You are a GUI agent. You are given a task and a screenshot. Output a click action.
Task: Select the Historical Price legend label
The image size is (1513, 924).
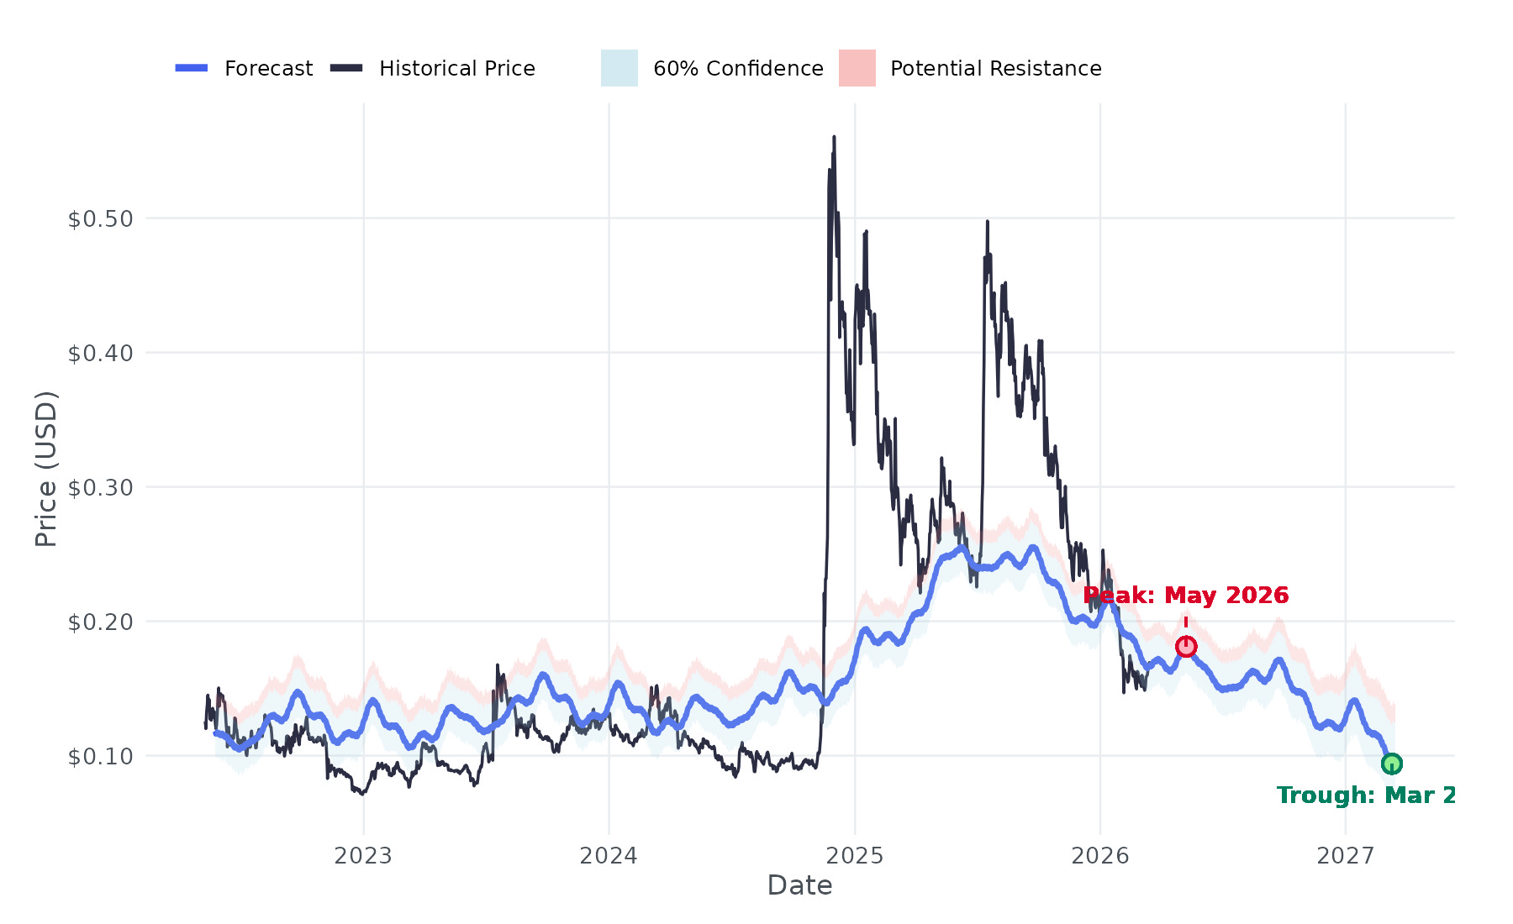(x=456, y=68)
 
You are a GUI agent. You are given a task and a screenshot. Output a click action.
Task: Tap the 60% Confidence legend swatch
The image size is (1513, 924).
(x=619, y=68)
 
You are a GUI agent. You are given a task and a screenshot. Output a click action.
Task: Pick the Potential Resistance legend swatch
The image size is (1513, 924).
(x=857, y=68)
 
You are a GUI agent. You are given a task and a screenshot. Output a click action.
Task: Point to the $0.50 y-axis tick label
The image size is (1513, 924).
(x=100, y=219)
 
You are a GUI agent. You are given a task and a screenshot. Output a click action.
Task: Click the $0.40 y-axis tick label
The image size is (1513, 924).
(x=100, y=354)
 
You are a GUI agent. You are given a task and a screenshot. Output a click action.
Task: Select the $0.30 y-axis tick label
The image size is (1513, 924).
(x=100, y=488)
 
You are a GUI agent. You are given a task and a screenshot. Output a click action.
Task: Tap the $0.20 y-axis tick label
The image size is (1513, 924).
(x=100, y=622)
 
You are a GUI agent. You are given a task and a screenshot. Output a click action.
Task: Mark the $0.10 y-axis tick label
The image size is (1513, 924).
(x=100, y=757)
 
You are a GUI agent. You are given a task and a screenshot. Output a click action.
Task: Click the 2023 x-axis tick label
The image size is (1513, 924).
(x=363, y=856)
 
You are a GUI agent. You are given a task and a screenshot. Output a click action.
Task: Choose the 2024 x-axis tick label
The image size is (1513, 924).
(x=609, y=856)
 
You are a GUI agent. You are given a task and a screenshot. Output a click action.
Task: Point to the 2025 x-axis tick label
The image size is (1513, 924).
(x=855, y=856)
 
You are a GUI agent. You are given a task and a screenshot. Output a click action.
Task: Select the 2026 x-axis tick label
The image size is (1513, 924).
(x=1100, y=856)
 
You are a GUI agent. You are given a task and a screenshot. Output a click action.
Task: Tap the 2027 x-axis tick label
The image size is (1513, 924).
(x=1346, y=856)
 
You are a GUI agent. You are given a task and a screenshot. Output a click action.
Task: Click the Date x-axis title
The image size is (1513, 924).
(x=799, y=885)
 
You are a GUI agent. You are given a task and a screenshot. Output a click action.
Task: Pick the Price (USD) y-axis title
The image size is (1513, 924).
(x=46, y=469)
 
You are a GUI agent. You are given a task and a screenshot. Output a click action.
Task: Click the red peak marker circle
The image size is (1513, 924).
(x=1186, y=646)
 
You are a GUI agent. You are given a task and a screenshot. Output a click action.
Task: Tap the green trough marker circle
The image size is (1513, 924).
(x=1391, y=764)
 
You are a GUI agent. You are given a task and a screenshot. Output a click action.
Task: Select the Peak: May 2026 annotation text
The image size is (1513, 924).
(x=1185, y=596)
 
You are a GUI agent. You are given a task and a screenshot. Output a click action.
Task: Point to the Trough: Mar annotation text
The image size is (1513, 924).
(x=1365, y=795)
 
